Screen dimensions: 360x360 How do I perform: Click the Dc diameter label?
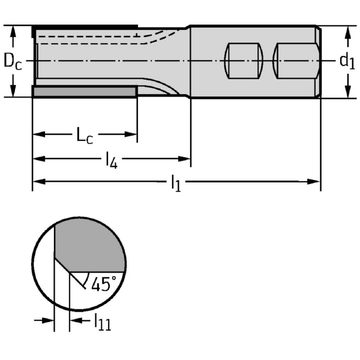13,62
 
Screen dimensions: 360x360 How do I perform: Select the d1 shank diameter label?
347,61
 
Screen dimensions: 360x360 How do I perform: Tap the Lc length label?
85,136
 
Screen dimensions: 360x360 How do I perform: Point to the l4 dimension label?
112,160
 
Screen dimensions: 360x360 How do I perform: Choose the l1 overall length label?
176,183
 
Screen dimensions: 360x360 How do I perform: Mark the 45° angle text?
104,284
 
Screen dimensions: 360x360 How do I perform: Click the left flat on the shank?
244,61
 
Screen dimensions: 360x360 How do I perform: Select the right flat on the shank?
296,61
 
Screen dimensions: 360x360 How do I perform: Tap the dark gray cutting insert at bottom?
85,92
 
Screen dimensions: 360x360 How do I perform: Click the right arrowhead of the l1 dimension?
314,182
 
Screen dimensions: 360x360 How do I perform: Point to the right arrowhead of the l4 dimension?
185,158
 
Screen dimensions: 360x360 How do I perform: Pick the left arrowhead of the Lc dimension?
39,134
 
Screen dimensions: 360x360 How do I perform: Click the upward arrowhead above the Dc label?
13,32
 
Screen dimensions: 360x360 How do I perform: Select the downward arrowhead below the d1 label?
348,91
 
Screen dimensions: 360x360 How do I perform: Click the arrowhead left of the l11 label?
48,320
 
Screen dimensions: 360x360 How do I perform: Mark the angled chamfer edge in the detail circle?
62,265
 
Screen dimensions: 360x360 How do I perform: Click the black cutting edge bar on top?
85,28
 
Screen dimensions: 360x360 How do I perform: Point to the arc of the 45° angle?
87,279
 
